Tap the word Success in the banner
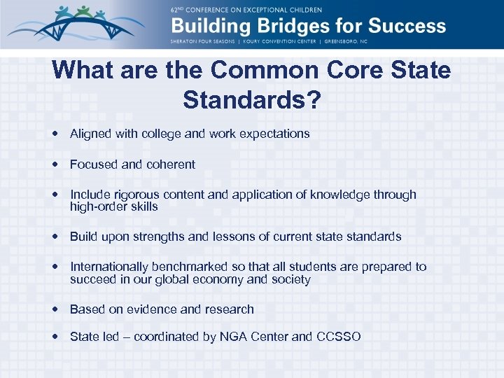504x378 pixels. (405, 27)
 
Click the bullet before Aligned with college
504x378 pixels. (55, 133)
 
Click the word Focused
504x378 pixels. (94, 164)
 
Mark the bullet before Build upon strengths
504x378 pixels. (55, 237)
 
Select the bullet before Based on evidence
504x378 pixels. (55, 309)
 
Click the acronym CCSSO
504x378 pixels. (338, 337)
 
